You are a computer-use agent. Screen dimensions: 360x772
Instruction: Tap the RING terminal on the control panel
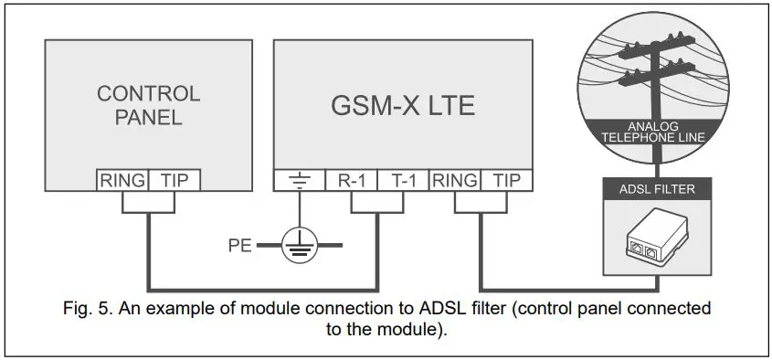point(122,180)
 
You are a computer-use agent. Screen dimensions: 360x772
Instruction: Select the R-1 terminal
point(353,180)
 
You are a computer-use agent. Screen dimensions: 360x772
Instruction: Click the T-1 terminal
point(403,180)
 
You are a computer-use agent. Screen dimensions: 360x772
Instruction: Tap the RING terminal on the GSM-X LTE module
point(453,180)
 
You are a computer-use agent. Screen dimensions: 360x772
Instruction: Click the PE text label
point(240,245)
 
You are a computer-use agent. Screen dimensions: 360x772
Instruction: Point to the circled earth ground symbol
point(302,245)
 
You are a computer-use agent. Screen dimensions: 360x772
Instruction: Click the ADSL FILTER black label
point(657,190)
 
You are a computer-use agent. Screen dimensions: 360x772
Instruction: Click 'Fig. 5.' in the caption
point(87,309)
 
